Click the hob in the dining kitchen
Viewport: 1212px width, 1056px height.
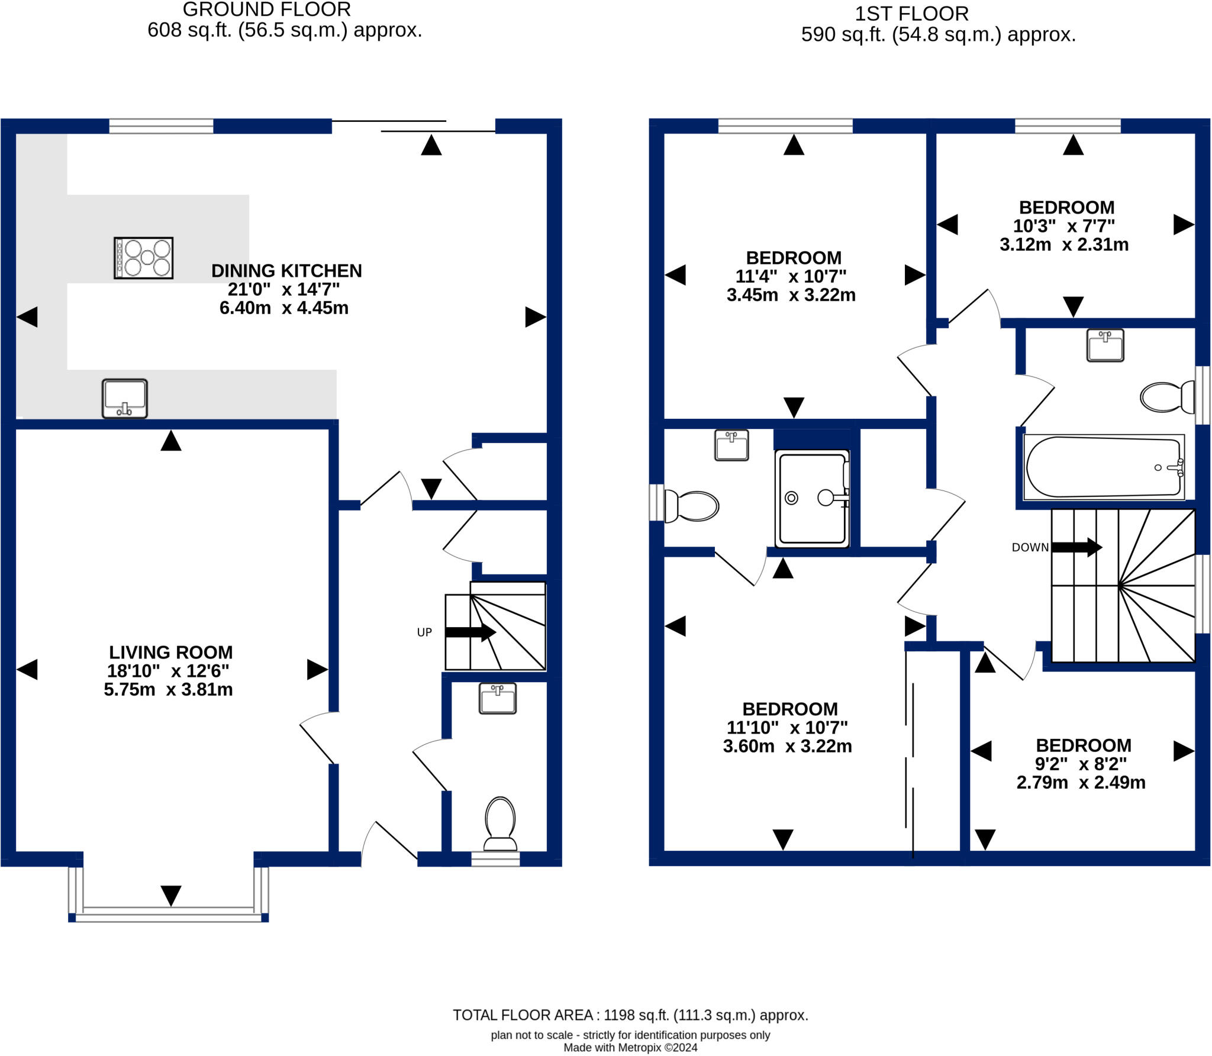pos(143,258)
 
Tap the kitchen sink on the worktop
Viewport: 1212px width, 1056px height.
pos(124,398)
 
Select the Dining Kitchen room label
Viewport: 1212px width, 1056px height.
pos(286,271)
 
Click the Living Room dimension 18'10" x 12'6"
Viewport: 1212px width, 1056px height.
pos(168,671)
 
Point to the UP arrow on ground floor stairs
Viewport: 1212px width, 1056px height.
pos(470,632)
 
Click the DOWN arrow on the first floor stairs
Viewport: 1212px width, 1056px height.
pos(1076,547)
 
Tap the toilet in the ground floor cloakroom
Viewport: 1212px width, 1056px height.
pos(500,824)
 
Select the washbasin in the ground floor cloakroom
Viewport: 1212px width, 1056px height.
pos(497,698)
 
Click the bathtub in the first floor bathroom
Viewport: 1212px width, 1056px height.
pos(1103,467)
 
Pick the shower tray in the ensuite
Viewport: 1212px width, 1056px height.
pos(812,498)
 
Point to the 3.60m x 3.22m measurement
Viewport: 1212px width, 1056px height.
pos(787,746)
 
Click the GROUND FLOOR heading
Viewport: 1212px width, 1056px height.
pos(266,9)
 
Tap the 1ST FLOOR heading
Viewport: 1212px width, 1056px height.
pos(911,14)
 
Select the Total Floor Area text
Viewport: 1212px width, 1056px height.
pos(630,1015)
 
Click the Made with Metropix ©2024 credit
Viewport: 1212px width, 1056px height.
pos(630,1048)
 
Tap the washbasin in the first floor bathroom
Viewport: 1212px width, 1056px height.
pos(1105,345)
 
